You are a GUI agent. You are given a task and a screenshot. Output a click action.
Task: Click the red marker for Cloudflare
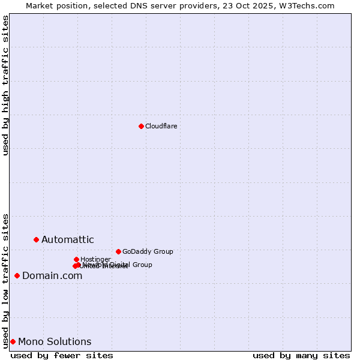141,126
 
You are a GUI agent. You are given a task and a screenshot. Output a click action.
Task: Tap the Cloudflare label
161,126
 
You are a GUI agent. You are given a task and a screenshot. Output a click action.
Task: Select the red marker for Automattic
36,239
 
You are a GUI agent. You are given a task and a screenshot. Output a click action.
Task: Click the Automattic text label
67,240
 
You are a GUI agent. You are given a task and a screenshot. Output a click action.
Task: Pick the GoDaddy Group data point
118,251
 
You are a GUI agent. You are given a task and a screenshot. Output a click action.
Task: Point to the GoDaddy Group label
148,251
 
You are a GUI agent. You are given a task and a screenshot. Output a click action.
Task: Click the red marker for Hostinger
76,259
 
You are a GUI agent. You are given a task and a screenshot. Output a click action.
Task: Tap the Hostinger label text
95,259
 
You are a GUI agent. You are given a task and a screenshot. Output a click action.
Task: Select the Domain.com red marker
17,275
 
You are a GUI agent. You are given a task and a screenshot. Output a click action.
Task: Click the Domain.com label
52,276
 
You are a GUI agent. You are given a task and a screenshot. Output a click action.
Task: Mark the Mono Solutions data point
13,341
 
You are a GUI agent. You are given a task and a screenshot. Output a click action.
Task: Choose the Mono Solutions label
55,342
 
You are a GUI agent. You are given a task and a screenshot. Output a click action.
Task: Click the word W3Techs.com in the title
305,5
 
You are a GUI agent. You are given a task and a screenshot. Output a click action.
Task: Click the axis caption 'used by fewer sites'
62,355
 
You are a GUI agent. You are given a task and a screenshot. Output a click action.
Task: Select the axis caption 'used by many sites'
301,355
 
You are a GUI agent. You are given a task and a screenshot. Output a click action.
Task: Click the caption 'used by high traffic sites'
6,85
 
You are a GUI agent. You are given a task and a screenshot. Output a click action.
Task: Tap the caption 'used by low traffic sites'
6,281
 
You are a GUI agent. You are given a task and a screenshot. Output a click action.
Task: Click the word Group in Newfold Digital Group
142,265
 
